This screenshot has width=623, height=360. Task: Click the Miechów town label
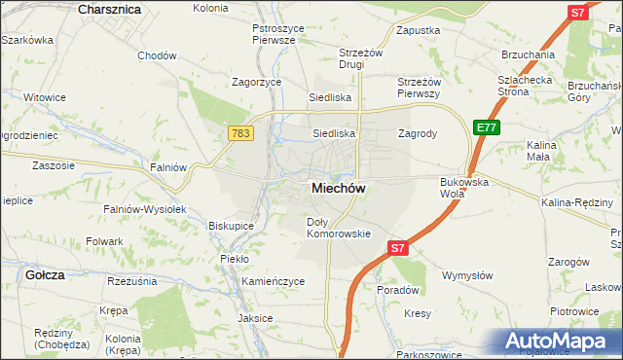[338, 189]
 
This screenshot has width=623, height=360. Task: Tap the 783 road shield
[241, 131]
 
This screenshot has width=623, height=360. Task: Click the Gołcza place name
[46, 275]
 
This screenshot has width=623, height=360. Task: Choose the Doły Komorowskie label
[339, 228]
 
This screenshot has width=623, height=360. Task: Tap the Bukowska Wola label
[463, 188]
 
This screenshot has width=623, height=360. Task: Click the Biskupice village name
[231, 226]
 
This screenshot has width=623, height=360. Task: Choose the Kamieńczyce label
[274, 281]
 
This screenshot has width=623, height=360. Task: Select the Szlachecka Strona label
[526, 86]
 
